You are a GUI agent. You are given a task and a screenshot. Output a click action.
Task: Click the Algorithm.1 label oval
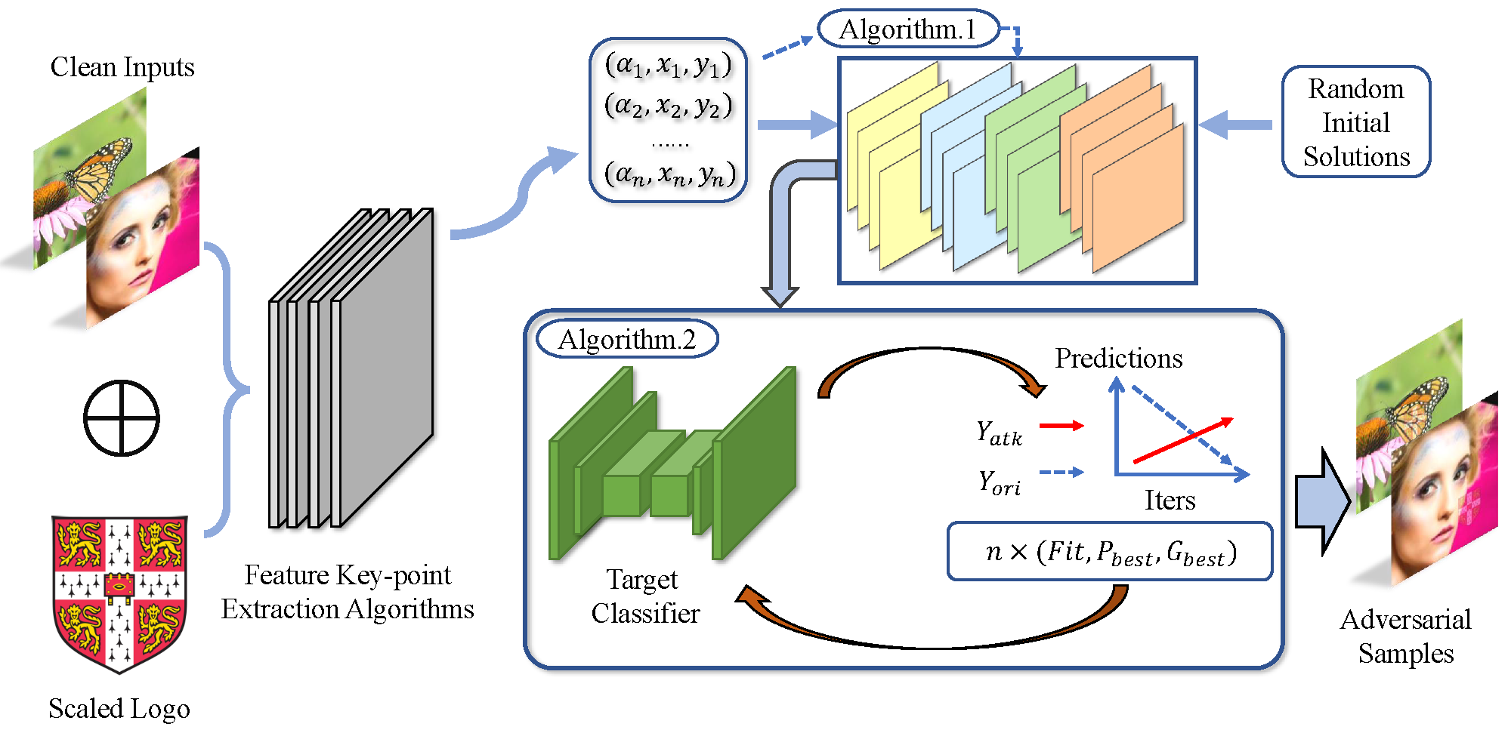909,29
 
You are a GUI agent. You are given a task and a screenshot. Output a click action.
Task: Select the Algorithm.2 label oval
627,339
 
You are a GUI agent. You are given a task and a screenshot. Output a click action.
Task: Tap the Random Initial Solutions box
1356,122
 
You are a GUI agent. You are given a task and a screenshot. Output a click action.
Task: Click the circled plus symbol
121,418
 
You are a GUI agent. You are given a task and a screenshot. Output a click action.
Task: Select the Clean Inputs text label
122,66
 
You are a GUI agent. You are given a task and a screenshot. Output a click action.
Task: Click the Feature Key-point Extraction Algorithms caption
348,592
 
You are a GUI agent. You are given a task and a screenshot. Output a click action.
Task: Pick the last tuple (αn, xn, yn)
670,174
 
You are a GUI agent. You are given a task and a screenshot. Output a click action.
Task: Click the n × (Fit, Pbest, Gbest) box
1110,552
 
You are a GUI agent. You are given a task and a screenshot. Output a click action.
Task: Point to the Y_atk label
999,433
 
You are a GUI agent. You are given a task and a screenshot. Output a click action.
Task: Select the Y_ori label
999,482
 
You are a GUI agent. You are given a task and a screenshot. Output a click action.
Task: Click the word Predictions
1119,358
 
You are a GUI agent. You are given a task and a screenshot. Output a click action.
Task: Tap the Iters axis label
1170,500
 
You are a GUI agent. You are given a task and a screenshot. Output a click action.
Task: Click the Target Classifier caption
645,596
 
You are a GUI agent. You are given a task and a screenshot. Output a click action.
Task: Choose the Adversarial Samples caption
1406,636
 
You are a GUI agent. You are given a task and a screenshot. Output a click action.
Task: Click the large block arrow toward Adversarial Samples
1323,501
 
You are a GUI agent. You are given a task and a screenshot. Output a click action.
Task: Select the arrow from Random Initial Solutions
1235,125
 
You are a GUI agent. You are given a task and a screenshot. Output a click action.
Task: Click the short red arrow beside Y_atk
1061,426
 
